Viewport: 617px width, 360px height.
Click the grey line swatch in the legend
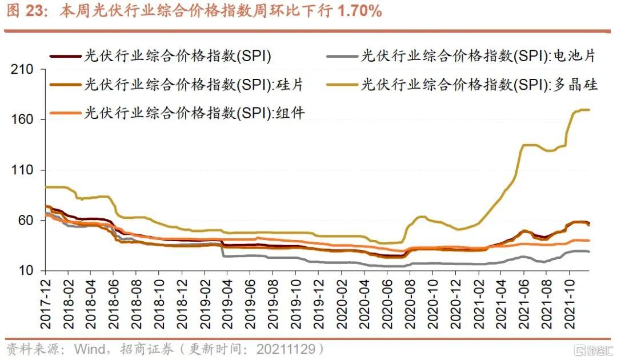[x=342, y=56]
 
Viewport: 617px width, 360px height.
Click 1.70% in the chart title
[x=359, y=11]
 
